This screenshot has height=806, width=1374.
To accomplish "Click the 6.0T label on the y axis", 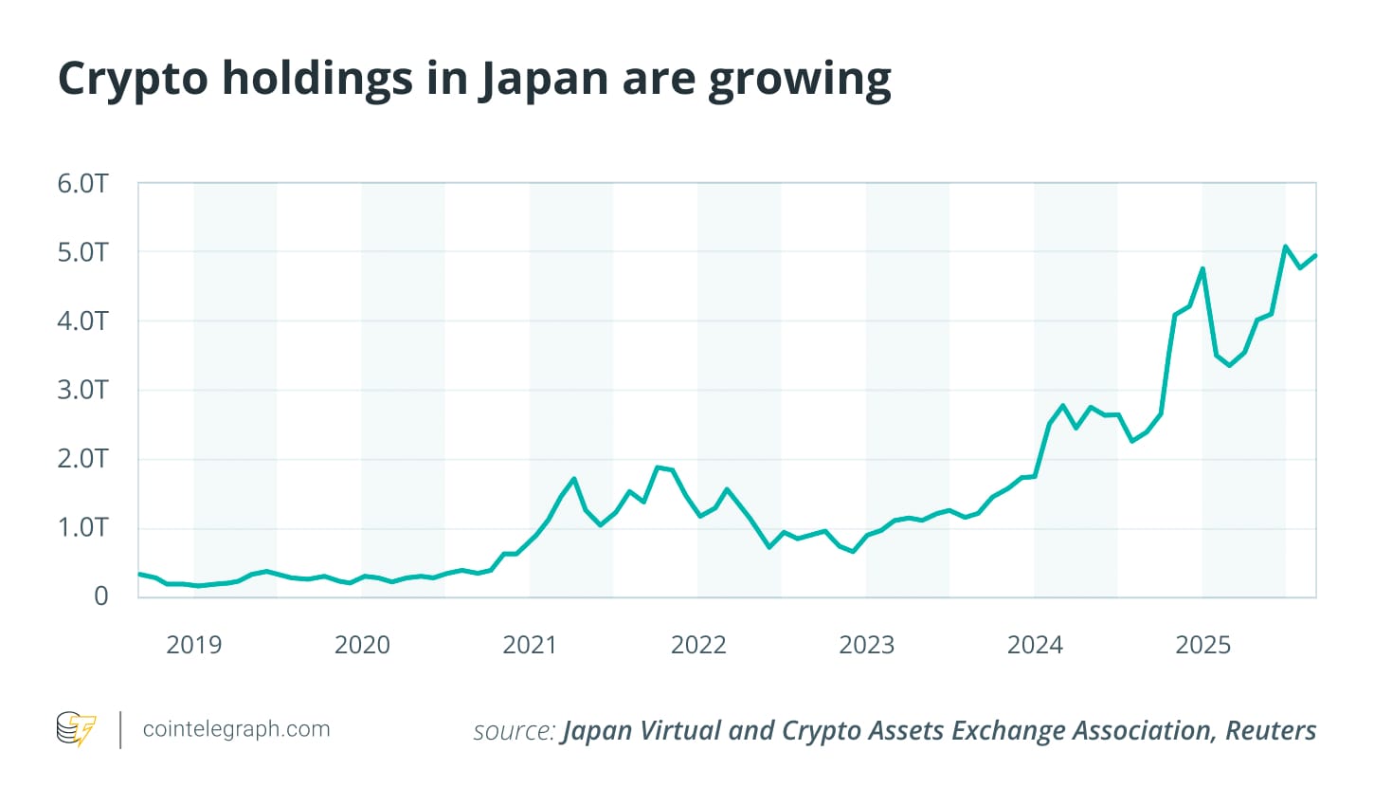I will click(x=82, y=184).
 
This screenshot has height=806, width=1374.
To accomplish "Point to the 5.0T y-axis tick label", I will click(x=82, y=253).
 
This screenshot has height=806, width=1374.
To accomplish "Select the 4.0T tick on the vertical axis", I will click(x=82, y=321).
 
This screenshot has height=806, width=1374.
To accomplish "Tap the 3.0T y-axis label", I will click(x=82, y=391).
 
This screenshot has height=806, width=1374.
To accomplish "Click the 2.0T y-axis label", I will click(x=82, y=459).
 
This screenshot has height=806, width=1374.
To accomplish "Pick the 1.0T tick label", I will click(x=82, y=528).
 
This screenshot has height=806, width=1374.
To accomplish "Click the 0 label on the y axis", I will click(x=100, y=596).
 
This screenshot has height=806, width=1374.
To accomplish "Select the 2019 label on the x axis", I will click(x=193, y=646).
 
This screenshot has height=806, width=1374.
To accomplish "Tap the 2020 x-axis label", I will click(x=362, y=646).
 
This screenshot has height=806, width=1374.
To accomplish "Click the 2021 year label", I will click(x=530, y=646).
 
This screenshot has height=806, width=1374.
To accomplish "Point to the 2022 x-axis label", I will click(x=698, y=646).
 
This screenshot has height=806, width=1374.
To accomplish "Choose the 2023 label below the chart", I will click(x=866, y=646).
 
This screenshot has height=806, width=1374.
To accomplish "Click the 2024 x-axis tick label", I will click(x=1035, y=646).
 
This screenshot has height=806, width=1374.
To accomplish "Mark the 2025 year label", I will click(x=1202, y=646).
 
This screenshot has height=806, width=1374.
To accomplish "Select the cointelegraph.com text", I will click(x=236, y=729).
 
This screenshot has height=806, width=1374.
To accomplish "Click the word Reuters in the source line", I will click(x=1271, y=731).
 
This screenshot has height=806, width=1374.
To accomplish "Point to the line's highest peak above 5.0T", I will click(x=1285, y=247).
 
